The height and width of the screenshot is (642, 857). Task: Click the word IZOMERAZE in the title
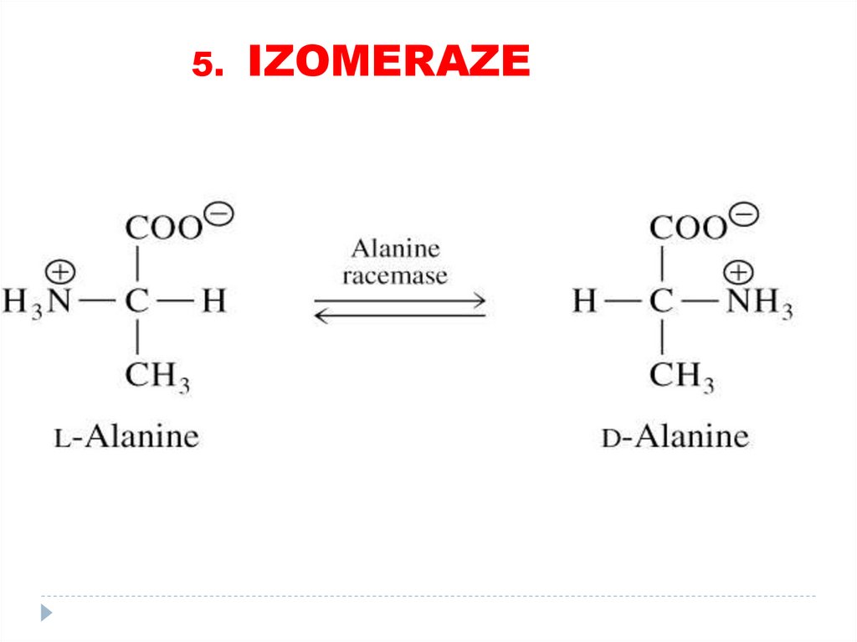click(x=389, y=62)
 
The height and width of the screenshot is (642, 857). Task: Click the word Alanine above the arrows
click(x=395, y=249)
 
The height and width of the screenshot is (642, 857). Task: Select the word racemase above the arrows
click(x=395, y=275)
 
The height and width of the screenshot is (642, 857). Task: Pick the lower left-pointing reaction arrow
click(x=400, y=316)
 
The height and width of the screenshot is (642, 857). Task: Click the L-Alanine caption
click(x=127, y=436)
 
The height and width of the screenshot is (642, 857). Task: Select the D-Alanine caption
click(x=675, y=436)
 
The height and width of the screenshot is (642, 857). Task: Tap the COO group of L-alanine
click(x=164, y=227)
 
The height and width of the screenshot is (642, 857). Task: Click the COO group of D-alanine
click(x=689, y=227)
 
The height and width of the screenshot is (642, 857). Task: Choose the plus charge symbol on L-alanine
click(x=61, y=272)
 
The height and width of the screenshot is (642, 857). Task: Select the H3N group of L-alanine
click(x=37, y=301)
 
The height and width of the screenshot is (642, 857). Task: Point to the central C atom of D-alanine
click(x=661, y=301)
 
